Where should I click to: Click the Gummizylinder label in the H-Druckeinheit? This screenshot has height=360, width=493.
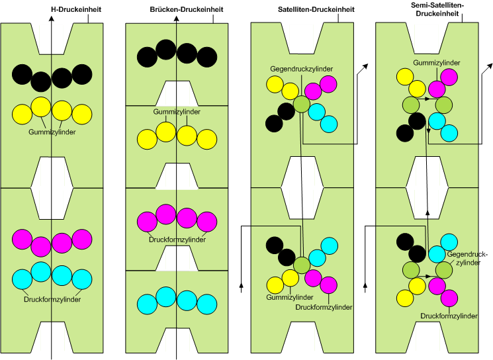pyautogui.click(x=52, y=132)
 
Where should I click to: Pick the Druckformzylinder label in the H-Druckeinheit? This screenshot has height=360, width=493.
pyautogui.click(x=52, y=299)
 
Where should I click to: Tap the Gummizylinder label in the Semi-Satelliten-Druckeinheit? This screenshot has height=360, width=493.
pyautogui.click(x=437, y=62)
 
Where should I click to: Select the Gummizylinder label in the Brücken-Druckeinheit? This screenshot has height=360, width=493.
pyautogui.click(x=176, y=112)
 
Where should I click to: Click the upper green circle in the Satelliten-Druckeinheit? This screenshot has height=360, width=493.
pyautogui.click(x=302, y=103)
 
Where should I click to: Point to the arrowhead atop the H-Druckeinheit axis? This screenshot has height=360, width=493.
pyautogui.click(x=52, y=19)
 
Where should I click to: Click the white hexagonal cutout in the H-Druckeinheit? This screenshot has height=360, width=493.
pyautogui.click(x=52, y=188)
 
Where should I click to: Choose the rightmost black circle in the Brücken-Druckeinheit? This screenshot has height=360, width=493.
pyautogui.click(x=207, y=57)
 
